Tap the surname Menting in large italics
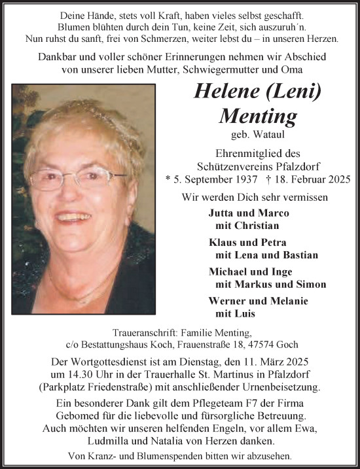[258, 115]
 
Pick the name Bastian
[300, 255]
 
